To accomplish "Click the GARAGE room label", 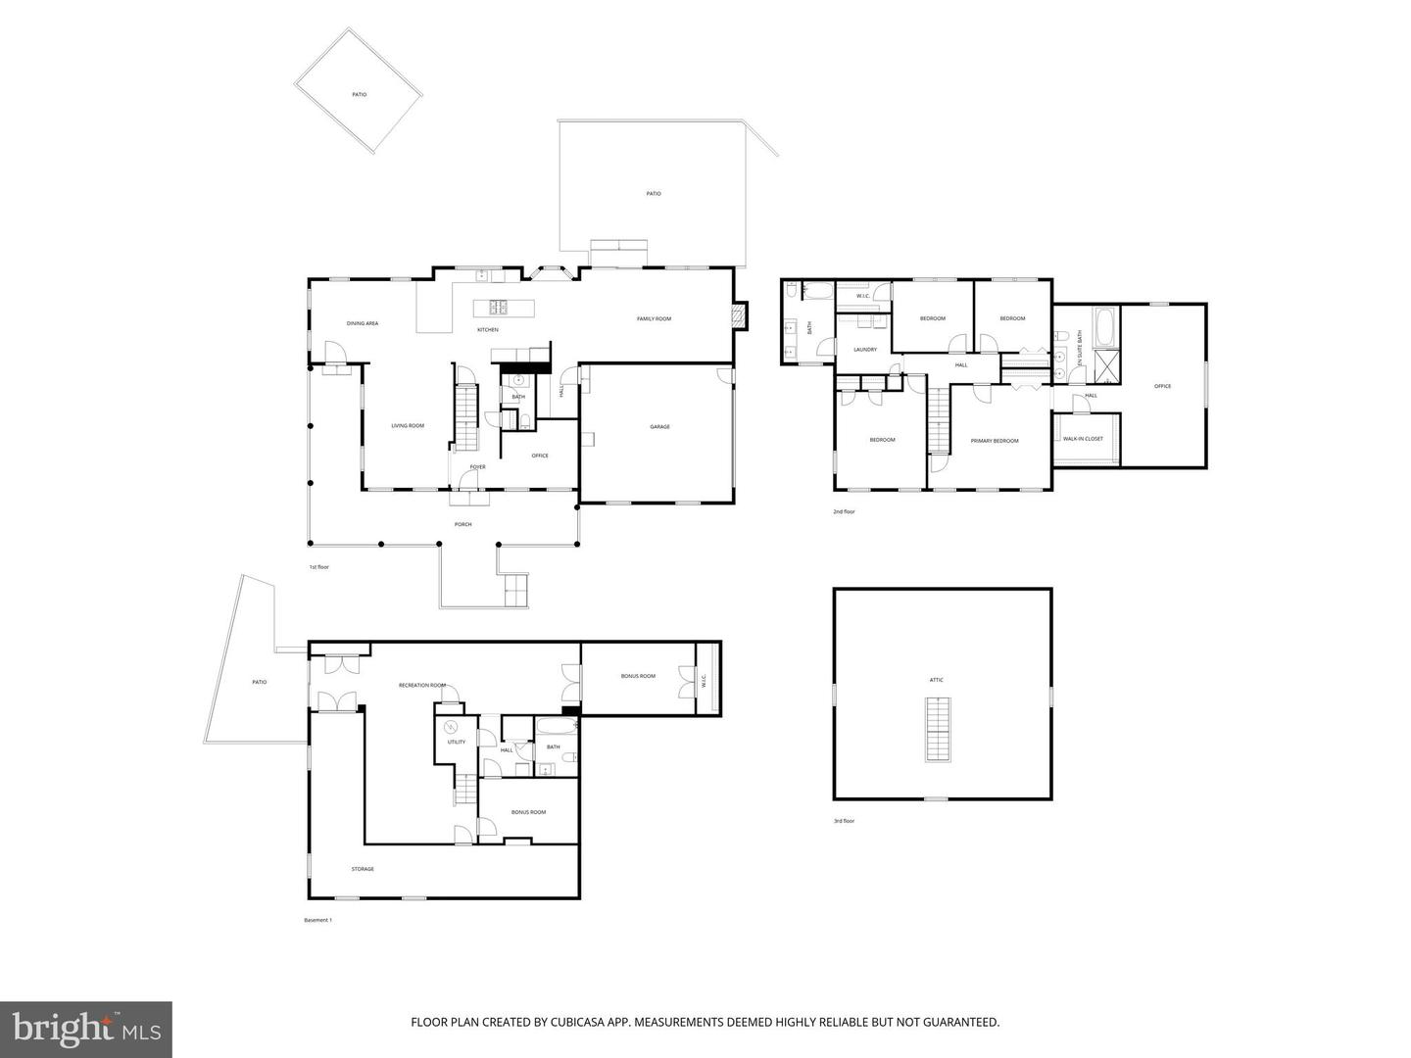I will [x=659, y=427].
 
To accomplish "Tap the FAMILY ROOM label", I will [x=654, y=319].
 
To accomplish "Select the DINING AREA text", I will [x=362, y=323].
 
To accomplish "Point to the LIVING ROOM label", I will [x=408, y=426].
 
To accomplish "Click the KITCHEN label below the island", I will [x=488, y=330].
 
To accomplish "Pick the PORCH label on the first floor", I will [x=462, y=525].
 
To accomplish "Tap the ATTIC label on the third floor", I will [x=937, y=680].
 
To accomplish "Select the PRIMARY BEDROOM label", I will [x=995, y=441].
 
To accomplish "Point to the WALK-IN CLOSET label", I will [x=1083, y=439].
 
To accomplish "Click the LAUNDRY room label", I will [x=864, y=350].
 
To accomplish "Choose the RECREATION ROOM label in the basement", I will [x=421, y=686].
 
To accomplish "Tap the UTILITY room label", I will [x=457, y=743].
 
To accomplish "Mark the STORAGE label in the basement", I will [x=363, y=869].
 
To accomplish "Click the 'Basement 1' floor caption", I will [x=318, y=920].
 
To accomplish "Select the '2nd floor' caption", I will [x=844, y=511].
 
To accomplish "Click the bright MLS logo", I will [x=86, y=1029].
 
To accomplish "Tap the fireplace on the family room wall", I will [x=741, y=315].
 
